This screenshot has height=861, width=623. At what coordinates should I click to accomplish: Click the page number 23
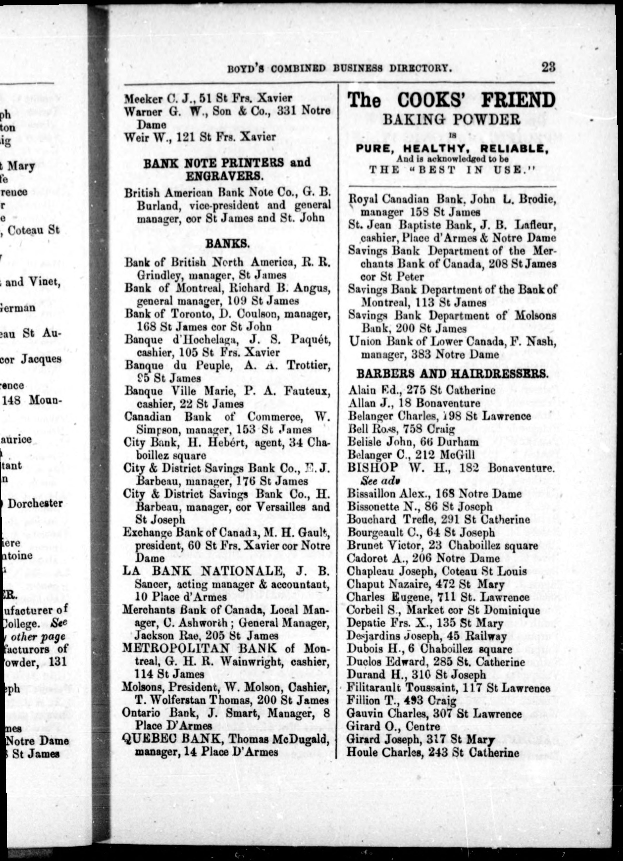(x=548, y=68)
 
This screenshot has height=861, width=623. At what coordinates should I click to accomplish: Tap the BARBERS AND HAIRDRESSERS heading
(x=452, y=374)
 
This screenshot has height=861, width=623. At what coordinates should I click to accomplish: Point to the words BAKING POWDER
(x=451, y=120)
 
